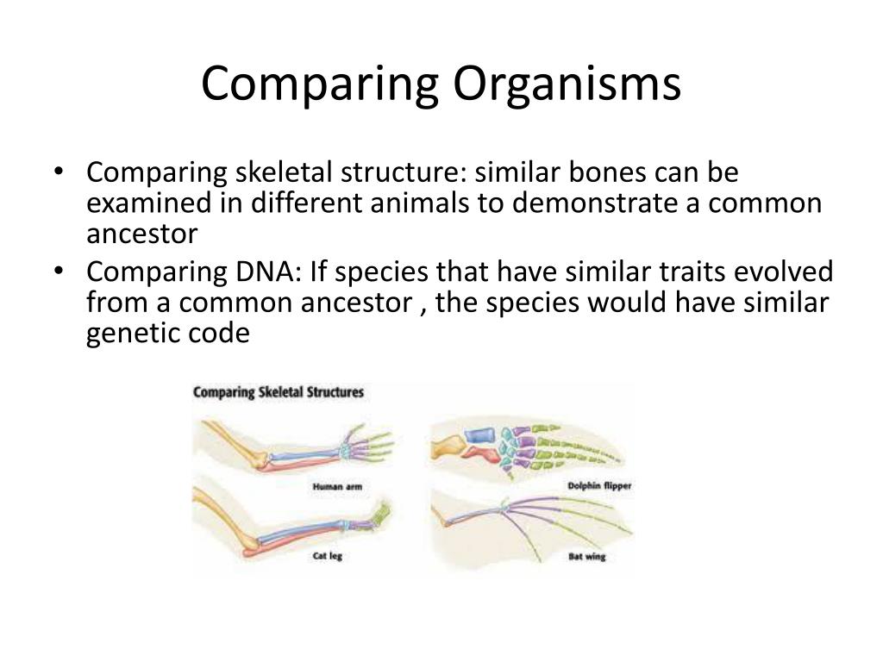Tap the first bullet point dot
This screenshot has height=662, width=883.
coord(58,172)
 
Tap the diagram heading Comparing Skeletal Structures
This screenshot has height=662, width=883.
coord(279,392)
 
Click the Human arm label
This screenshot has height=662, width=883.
coord(337,487)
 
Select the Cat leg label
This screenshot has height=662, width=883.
coord(327,556)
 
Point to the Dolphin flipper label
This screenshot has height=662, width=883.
coord(599,486)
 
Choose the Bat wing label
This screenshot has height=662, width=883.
coord(586,557)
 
